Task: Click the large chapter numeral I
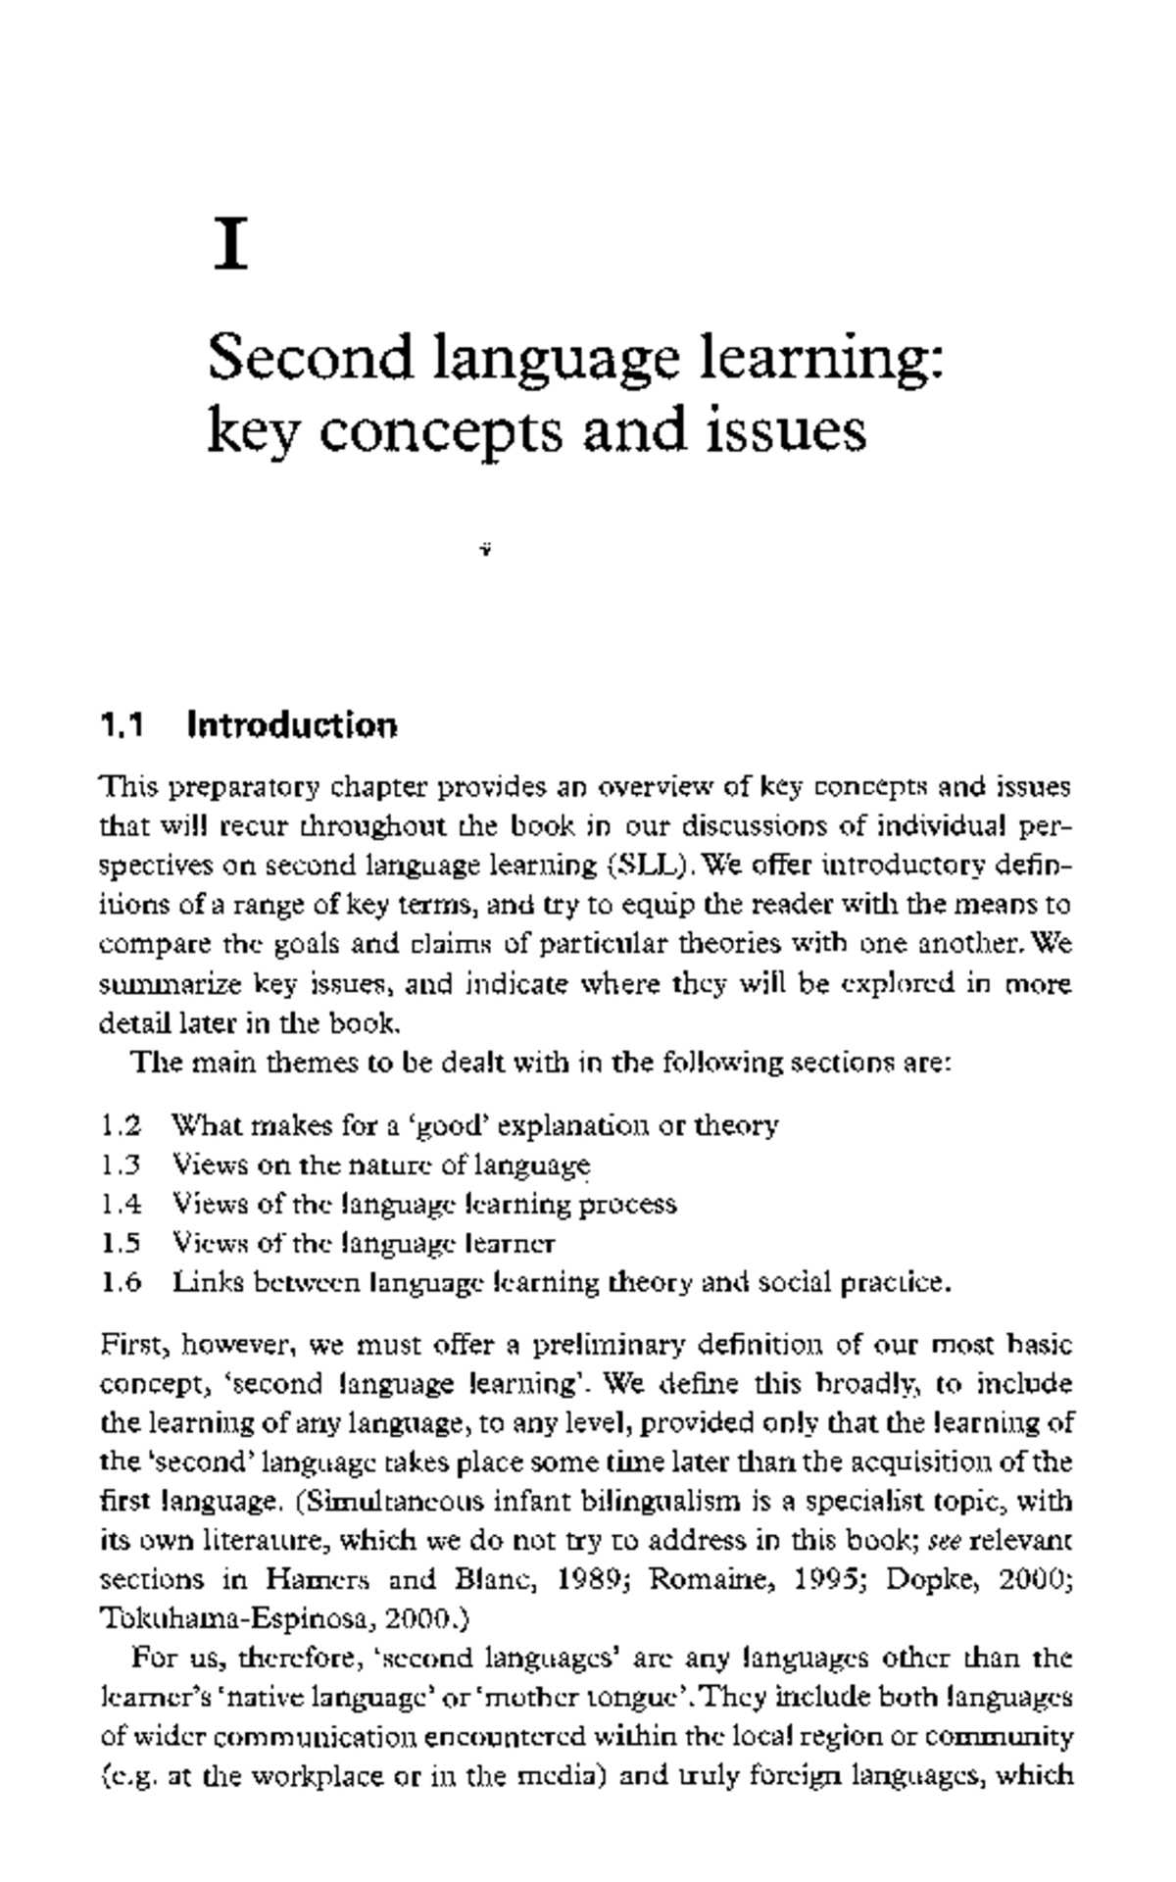pyautogui.click(x=230, y=246)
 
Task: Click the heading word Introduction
pyautogui.click(x=292, y=726)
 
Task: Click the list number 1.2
pyautogui.click(x=122, y=1125)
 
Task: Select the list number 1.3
pyautogui.click(x=122, y=1164)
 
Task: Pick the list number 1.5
pyautogui.click(x=122, y=1243)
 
